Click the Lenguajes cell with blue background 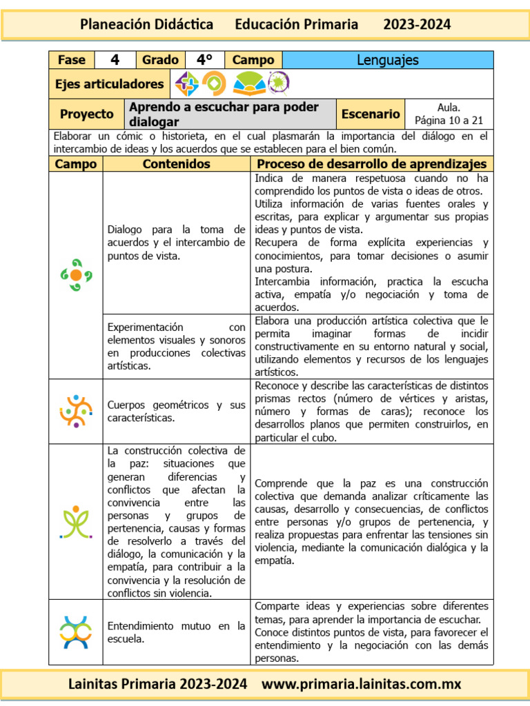tap(388, 60)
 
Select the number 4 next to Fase tap(115, 60)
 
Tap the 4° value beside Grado tap(204, 60)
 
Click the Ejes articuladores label tap(109, 84)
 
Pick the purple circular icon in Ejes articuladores tap(279, 83)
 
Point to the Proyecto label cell tap(86, 114)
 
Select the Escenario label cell tap(371, 114)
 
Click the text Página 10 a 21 tap(449, 120)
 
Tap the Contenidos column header tap(177, 164)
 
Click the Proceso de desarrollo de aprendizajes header tap(371, 164)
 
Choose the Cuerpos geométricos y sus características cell tap(177, 412)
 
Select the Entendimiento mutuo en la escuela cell tap(177, 632)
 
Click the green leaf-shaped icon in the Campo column tap(76, 522)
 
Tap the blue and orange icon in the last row tap(76, 632)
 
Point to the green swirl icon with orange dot tap(76, 274)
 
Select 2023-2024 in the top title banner tap(417, 25)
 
